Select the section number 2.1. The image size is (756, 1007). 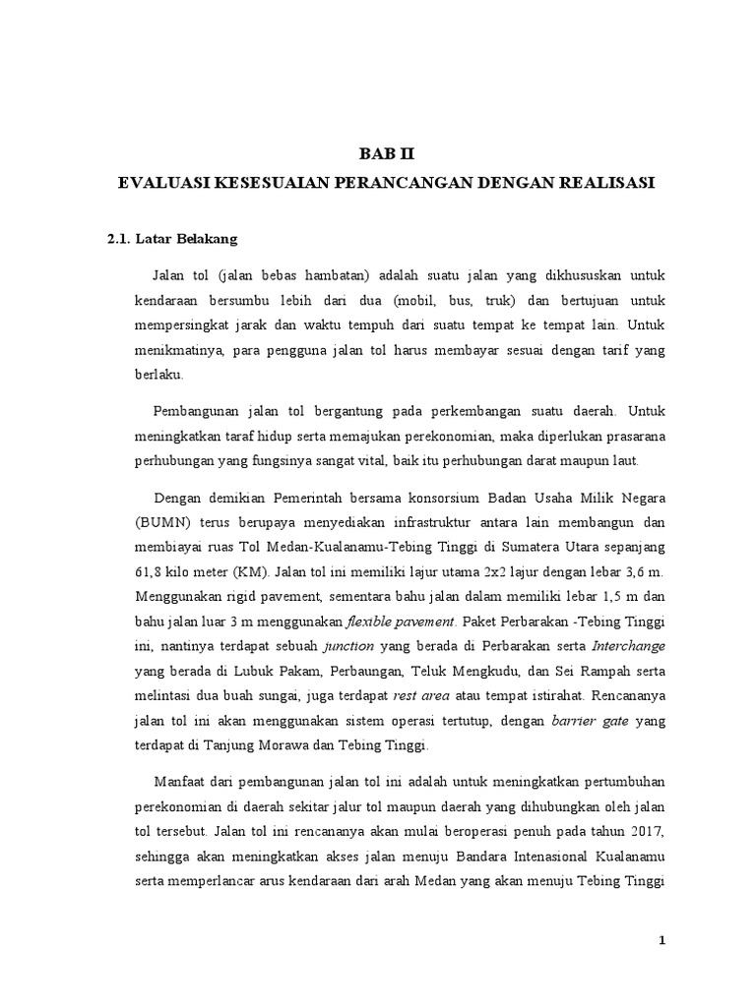click(121, 239)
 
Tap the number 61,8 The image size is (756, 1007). click(126, 570)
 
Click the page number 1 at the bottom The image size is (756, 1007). click(662, 941)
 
